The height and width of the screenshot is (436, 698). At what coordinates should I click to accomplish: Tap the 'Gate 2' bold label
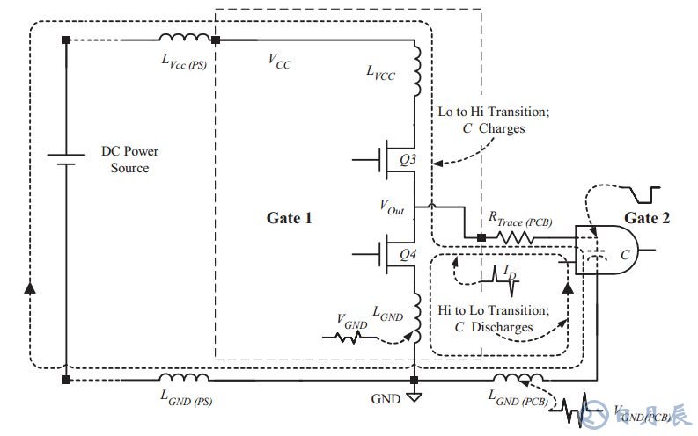(x=647, y=218)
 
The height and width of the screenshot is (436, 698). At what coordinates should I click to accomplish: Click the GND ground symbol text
(x=385, y=398)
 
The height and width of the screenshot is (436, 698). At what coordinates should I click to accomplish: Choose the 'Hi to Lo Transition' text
(x=493, y=310)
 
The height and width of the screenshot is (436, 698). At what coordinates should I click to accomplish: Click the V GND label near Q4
(x=351, y=321)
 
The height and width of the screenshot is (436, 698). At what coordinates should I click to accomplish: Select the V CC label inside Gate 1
(x=280, y=62)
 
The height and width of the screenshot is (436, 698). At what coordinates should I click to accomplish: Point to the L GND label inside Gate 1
(x=386, y=313)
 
